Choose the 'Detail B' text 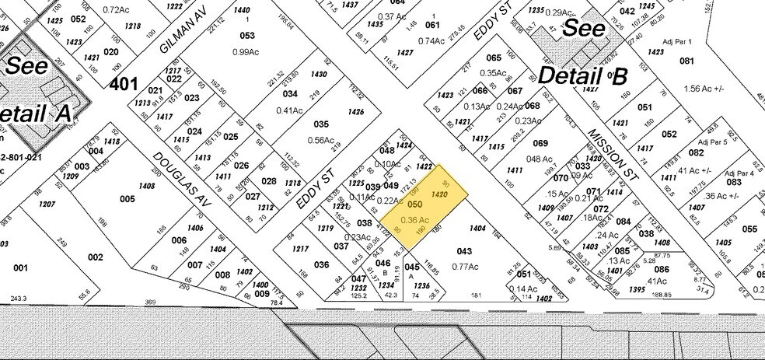pos(582,76)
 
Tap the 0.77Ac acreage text pos(464,266)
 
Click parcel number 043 pos(464,251)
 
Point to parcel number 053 pos(247,35)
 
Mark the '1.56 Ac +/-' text pos(704,88)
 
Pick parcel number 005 pos(127,198)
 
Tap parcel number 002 pos(95,257)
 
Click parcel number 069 pos(539,142)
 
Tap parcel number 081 pos(686,61)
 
